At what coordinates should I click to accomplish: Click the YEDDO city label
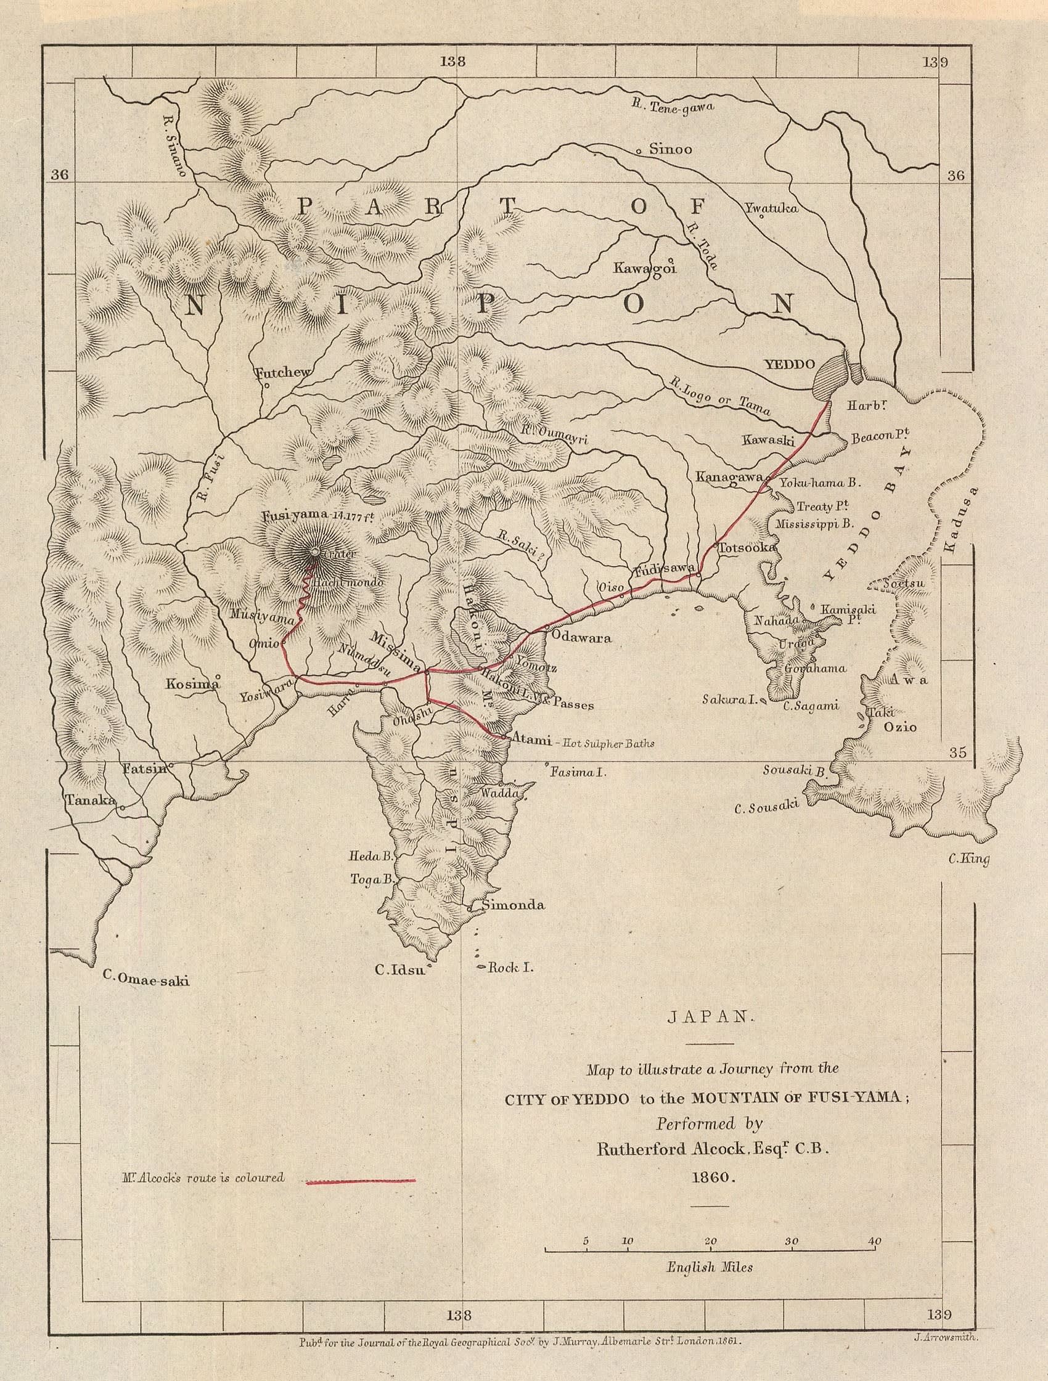click(x=783, y=364)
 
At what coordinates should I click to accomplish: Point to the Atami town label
click(x=531, y=741)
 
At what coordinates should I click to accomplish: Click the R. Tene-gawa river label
click(x=673, y=107)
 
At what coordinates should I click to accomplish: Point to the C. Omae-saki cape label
click(x=145, y=980)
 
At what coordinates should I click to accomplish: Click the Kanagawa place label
click(x=728, y=476)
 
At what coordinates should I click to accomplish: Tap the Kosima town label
click(x=190, y=683)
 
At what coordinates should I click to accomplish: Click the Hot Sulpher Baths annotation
click(x=608, y=743)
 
